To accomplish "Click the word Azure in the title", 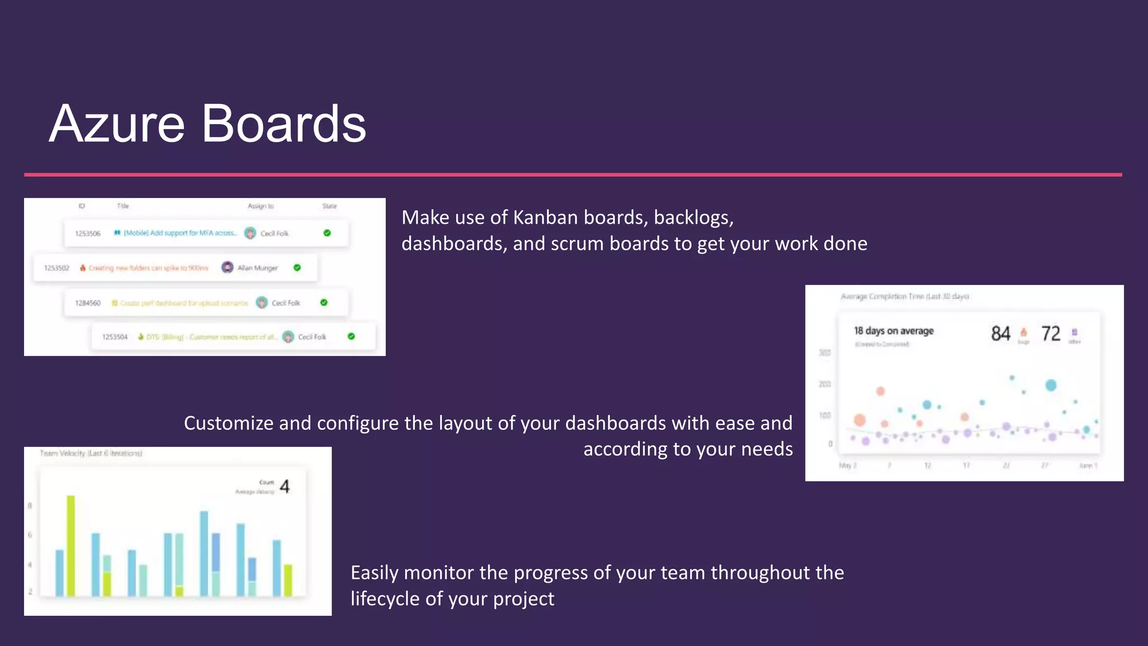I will coord(117,124).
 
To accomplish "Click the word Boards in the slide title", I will coord(283,124).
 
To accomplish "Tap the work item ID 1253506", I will coord(88,233).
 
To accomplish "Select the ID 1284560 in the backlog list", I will coord(88,303).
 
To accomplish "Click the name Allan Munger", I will coord(257,268).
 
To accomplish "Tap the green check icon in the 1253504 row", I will coord(351,336).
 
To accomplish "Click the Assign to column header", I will coord(261,206).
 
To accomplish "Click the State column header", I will coord(330,206).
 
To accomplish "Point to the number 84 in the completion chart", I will coord(1001,334).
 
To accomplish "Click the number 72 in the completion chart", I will coord(1051,334).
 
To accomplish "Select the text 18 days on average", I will coord(894,331).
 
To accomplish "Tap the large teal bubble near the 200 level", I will coord(1051,385).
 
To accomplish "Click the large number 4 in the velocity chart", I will coord(285,486).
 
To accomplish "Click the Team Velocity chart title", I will coord(91,453).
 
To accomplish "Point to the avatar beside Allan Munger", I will coord(227,267).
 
